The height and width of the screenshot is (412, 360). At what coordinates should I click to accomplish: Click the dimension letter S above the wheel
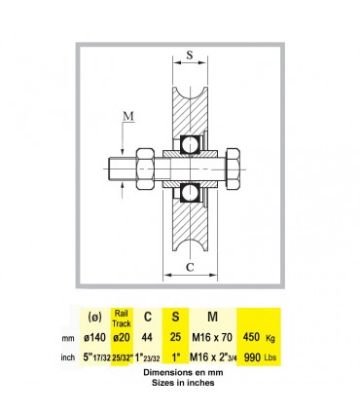tap(190, 55)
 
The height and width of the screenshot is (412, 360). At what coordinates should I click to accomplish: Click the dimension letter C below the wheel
tap(190, 267)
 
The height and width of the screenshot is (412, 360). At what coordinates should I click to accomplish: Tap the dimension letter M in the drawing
tap(128, 116)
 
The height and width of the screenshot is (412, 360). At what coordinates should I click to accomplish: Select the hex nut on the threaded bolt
tap(145, 169)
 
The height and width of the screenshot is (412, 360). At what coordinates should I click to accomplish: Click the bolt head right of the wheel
tap(233, 169)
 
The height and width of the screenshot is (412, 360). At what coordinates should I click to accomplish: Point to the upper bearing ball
tap(190, 144)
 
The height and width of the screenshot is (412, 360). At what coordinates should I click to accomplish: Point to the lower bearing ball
tap(190, 193)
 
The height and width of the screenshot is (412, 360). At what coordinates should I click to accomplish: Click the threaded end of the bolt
tap(122, 169)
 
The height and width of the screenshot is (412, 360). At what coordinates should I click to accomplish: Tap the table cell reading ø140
tap(94, 338)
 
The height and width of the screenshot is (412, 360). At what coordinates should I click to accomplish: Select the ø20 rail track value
tap(122, 338)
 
